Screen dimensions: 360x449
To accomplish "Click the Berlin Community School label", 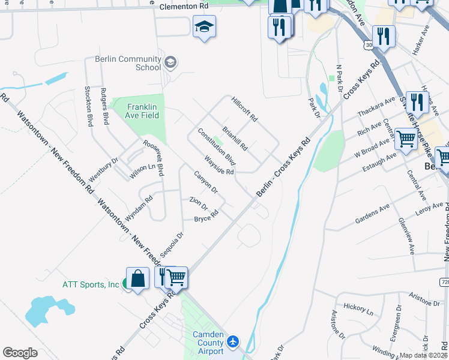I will coord(127,63).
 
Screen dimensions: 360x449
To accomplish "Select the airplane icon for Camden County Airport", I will coord(233,341).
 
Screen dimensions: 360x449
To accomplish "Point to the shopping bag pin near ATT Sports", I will coord(138,279).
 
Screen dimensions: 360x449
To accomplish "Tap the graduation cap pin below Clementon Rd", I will coord(204,27).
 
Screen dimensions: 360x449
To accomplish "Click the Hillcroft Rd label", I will coord(244,110).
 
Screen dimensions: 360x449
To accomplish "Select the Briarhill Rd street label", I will coord(235,138).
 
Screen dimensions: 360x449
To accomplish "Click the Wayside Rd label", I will coord(219,164).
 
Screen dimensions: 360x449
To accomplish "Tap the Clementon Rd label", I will coord(184,7).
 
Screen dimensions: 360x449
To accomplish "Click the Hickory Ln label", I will coord(358,308).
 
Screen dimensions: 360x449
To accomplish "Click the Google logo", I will coord(20,352).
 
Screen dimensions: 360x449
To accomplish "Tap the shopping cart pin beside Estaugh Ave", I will coord(406,140).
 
